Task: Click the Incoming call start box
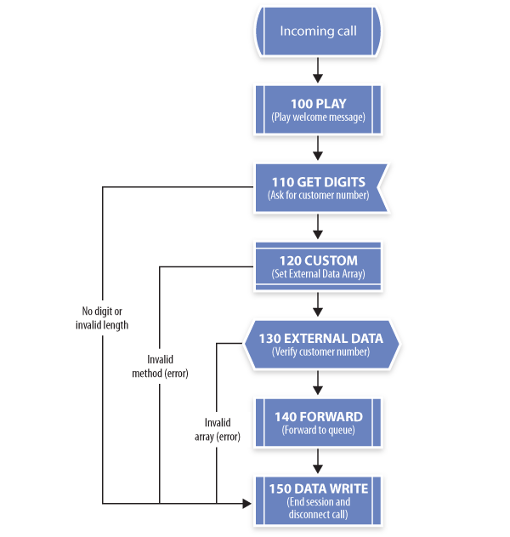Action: point(318,31)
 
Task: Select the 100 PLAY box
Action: point(318,110)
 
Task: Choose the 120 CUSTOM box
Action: point(318,266)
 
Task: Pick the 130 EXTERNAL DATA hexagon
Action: point(320,345)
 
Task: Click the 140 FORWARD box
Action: point(318,423)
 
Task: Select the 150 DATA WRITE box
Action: point(318,500)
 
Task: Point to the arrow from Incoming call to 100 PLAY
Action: point(318,70)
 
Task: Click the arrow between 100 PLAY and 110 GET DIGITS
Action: point(318,148)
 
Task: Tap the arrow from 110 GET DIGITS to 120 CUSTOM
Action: point(318,226)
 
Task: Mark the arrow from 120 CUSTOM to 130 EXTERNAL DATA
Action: point(318,305)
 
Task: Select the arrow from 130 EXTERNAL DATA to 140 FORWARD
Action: point(318,383)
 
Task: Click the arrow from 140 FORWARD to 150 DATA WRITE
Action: point(318,461)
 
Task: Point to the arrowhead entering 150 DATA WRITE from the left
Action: point(247,504)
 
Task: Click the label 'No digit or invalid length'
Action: point(102,318)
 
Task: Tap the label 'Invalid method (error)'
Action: point(160,367)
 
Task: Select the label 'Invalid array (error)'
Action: point(218,430)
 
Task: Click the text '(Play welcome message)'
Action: point(319,117)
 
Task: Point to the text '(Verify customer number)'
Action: point(320,351)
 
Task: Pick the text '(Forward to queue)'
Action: point(319,430)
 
